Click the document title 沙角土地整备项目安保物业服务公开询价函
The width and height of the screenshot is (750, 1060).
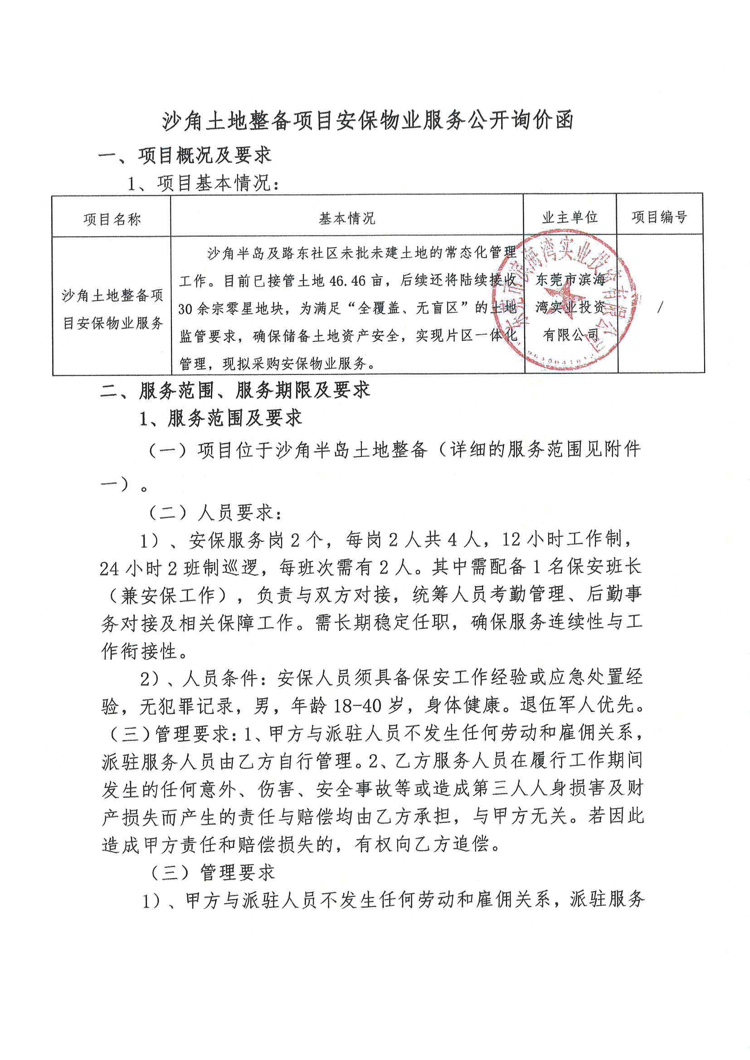click(368, 121)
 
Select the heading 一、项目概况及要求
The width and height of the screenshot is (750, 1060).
click(185, 156)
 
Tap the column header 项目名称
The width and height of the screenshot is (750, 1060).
click(112, 219)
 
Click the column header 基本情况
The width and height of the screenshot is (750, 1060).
click(347, 218)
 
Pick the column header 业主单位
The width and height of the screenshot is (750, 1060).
click(570, 217)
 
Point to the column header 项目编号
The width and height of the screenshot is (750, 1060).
click(659, 217)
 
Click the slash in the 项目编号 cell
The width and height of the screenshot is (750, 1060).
click(660, 307)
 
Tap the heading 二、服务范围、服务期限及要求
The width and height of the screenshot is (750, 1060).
click(235, 390)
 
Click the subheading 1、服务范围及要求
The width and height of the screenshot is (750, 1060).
click(221, 418)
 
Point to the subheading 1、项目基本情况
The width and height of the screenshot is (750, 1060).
click(204, 183)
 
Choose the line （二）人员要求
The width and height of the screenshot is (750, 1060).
click(215, 512)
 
